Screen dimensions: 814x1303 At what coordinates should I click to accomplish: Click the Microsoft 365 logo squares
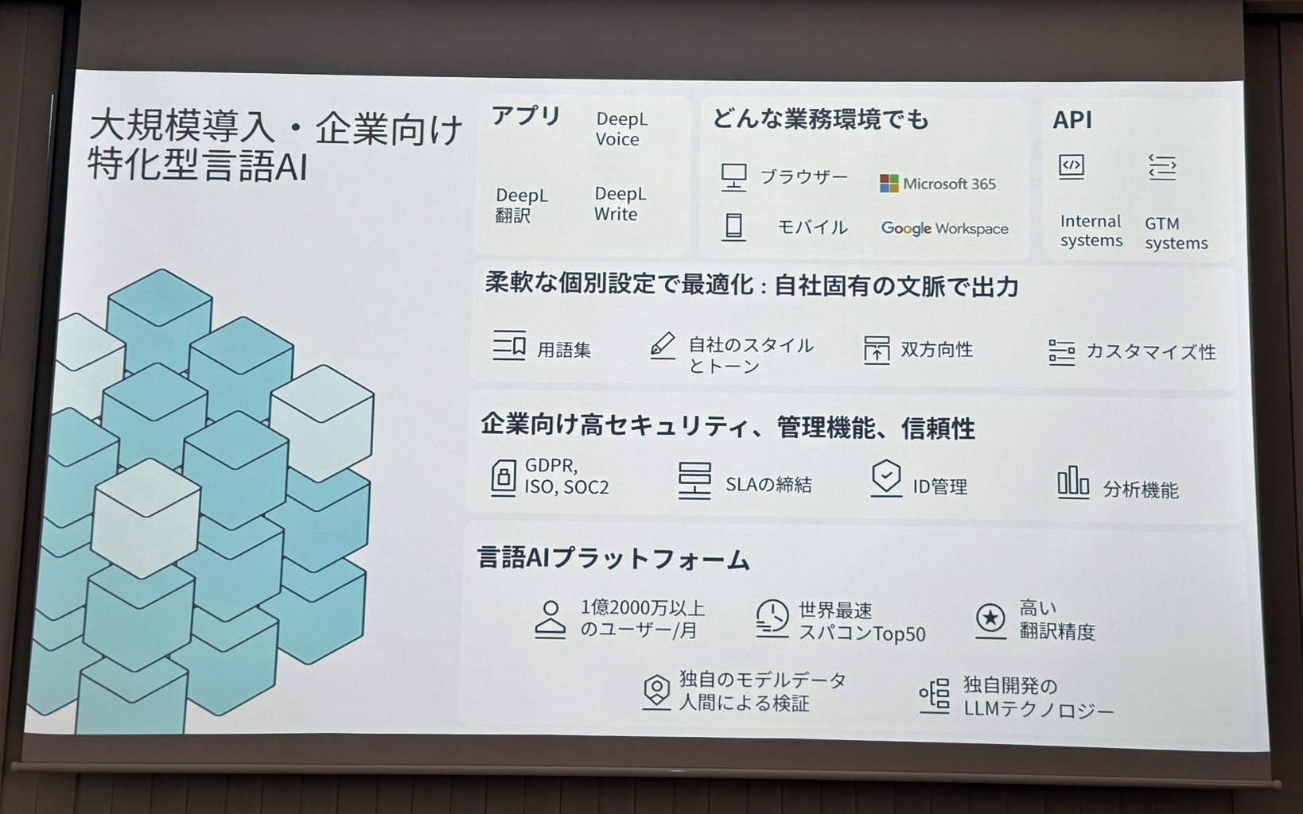(x=889, y=184)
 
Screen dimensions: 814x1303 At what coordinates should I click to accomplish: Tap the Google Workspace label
(x=944, y=229)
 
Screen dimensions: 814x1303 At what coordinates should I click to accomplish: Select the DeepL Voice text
(x=621, y=129)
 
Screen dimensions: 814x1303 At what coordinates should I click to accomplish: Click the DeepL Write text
(x=620, y=204)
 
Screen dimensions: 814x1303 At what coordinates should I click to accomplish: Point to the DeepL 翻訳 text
(x=521, y=205)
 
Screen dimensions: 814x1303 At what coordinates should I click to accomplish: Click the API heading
(x=1072, y=120)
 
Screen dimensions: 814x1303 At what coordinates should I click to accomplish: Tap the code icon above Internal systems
(x=1072, y=167)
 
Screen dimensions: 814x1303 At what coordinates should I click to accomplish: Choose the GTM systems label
(x=1175, y=234)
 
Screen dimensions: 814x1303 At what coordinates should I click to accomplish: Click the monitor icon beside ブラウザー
(x=733, y=176)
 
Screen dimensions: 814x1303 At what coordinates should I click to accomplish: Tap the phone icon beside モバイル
(x=733, y=227)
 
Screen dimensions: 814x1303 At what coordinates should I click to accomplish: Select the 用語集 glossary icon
(x=509, y=347)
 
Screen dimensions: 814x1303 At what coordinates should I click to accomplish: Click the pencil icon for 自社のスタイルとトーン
(x=663, y=346)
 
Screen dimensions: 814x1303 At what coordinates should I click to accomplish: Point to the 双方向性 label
(x=936, y=350)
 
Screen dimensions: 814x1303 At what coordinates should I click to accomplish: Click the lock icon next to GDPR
(x=503, y=478)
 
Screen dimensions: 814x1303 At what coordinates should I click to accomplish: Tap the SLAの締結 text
(x=768, y=484)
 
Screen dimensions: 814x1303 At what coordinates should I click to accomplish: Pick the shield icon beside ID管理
(x=885, y=479)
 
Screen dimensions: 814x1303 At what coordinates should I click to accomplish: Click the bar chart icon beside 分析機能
(x=1072, y=483)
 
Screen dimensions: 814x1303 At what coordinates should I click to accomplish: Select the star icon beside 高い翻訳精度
(x=990, y=618)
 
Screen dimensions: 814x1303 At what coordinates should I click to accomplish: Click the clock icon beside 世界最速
(x=772, y=618)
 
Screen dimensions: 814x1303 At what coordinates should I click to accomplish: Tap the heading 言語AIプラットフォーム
(x=613, y=559)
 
